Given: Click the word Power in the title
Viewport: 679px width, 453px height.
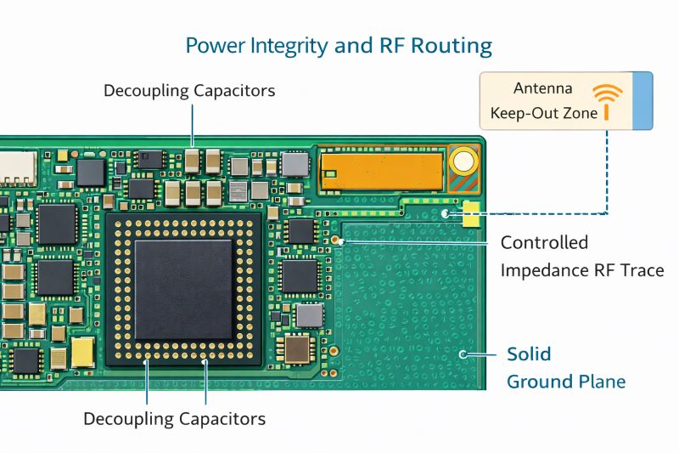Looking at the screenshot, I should tap(212, 45).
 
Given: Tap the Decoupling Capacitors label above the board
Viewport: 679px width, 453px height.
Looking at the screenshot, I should tap(189, 90).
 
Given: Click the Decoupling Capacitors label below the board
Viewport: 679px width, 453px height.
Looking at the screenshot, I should tap(174, 419).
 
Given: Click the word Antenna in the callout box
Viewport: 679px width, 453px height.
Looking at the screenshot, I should tap(543, 88).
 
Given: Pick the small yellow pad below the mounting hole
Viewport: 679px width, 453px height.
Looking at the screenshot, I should tap(470, 218).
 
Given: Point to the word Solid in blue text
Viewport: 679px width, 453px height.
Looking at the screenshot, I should tap(529, 354).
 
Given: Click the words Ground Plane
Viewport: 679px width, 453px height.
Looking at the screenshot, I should tap(566, 382).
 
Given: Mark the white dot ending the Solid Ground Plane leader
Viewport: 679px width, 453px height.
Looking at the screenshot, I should tap(462, 354).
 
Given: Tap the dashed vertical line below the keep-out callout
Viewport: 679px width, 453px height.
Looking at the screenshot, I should tap(607, 170).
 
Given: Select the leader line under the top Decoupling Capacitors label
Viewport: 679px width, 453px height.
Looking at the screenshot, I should tap(194, 124).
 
